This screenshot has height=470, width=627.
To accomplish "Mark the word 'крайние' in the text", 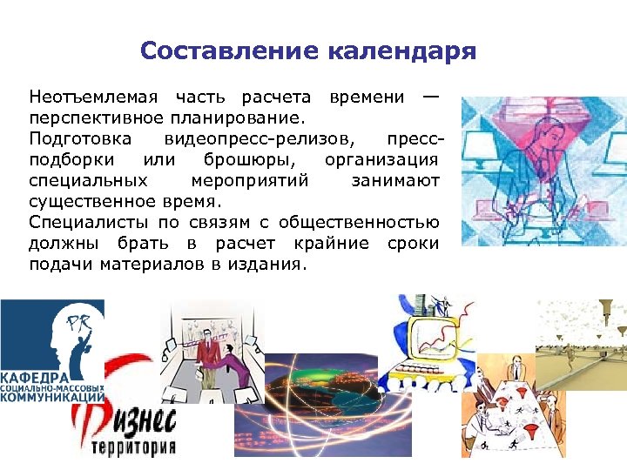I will pyautogui.click(x=332, y=245).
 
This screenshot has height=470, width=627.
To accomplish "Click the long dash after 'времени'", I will pyautogui.click(x=429, y=94).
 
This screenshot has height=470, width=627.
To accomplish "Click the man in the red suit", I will pyautogui.click(x=207, y=352).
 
